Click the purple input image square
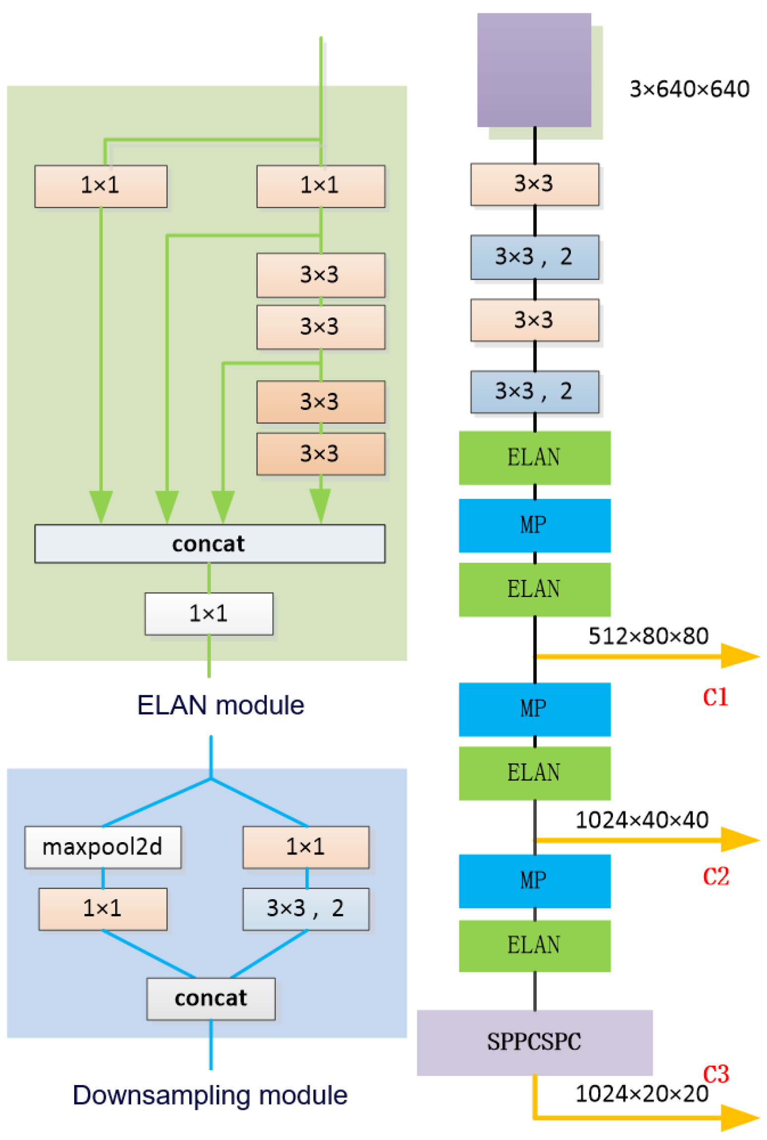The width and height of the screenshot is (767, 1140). tap(533, 70)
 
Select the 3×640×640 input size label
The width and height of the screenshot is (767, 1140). tap(689, 89)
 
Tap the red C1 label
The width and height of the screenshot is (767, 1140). tap(715, 697)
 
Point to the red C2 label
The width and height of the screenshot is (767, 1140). tap(716, 876)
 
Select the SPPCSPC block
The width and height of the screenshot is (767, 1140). tap(534, 1042)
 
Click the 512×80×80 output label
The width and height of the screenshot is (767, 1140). tap(648, 636)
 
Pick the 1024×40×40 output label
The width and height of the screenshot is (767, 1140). tap(641, 820)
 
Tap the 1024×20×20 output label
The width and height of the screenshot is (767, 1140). tap(641, 1094)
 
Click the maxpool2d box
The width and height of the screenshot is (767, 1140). tap(102, 847)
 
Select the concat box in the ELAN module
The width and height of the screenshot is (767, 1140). tap(209, 544)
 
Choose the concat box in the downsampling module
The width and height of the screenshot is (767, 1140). tap(210, 998)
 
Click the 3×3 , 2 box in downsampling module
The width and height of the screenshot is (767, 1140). tap(306, 909)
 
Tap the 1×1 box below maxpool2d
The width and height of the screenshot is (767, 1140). tap(102, 909)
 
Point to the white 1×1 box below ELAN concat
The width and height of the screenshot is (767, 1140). tap(208, 614)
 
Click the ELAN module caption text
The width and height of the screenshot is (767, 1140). tap(220, 705)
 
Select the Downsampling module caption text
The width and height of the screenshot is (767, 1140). tap(210, 1095)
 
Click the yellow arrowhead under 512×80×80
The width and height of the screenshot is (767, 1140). tap(739, 656)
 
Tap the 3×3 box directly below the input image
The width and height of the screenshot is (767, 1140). tap(534, 184)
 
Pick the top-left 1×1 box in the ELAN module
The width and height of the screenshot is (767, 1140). tap(101, 186)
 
